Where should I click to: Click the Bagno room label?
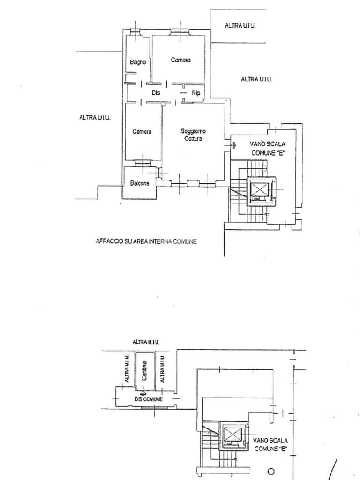pyautogui.click(x=138, y=62)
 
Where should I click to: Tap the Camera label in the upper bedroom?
pyautogui.click(x=180, y=60)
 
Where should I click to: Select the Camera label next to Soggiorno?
pyautogui.click(x=142, y=132)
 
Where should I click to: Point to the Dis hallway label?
pyautogui.click(x=156, y=92)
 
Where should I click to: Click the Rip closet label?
pyautogui.click(x=196, y=93)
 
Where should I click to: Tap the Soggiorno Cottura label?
pyautogui.click(x=193, y=135)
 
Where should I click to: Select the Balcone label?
pyautogui.click(x=140, y=183)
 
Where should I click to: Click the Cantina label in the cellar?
pyautogui.click(x=144, y=371)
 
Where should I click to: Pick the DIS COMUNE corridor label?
pyautogui.click(x=149, y=399)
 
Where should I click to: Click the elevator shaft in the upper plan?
pyautogui.click(x=260, y=190)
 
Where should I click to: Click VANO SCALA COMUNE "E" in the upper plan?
pyautogui.click(x=268, y=149)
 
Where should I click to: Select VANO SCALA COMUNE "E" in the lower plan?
pyautogui.click(x=270, y=444)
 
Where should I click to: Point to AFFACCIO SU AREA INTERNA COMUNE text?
pyautogui.click(x=146, y=241)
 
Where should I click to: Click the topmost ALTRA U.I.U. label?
pyautogui.click(x=240, y=26)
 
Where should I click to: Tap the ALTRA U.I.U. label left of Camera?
pyautogui.click(x=95, y=117)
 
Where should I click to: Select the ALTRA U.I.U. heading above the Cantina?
pyautogui.click(x=146, y=342)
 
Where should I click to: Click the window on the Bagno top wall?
pyautogui.click(x=135, y=31)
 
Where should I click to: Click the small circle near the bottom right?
pyautogui.click(x=271, y=472)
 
